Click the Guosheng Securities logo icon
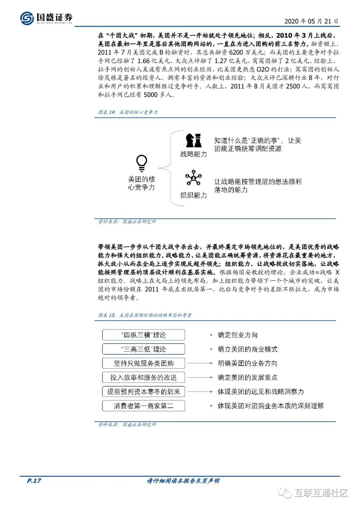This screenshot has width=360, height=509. [27, 18]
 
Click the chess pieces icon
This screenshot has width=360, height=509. [194, 140]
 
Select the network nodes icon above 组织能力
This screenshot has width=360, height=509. [193, 178]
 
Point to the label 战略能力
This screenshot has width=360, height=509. [194, 154]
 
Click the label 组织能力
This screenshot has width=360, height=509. [194, 195]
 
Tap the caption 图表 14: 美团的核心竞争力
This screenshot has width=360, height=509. [128, 112]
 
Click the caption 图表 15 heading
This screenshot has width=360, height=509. [145, 315]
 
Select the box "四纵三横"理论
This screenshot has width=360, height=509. [143, 335]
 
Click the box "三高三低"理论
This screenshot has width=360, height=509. [143, 349]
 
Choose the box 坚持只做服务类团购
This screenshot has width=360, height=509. [143, 363]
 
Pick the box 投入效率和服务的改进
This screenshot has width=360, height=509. [143, 378]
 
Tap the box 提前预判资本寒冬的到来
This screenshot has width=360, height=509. [143, 392]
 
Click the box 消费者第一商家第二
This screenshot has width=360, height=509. [143, 406]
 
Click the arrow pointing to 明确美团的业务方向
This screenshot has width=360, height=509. [200, 363]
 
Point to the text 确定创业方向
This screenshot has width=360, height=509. [237, 335]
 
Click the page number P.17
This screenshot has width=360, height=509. [34, 481]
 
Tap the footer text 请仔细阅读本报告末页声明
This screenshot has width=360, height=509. [183, 481]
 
